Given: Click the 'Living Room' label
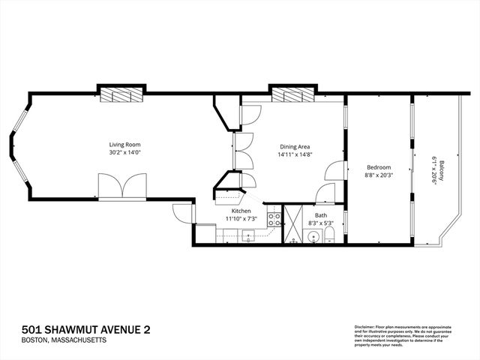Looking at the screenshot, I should coord(124,144).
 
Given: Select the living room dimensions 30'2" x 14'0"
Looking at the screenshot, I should coord(124,152).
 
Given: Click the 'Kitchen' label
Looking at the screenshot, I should coord(241,211).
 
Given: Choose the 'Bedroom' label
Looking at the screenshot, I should coord(378,166).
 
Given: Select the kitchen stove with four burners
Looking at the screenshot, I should coord(274,220).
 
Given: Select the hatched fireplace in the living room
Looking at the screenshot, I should coord(120,94).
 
